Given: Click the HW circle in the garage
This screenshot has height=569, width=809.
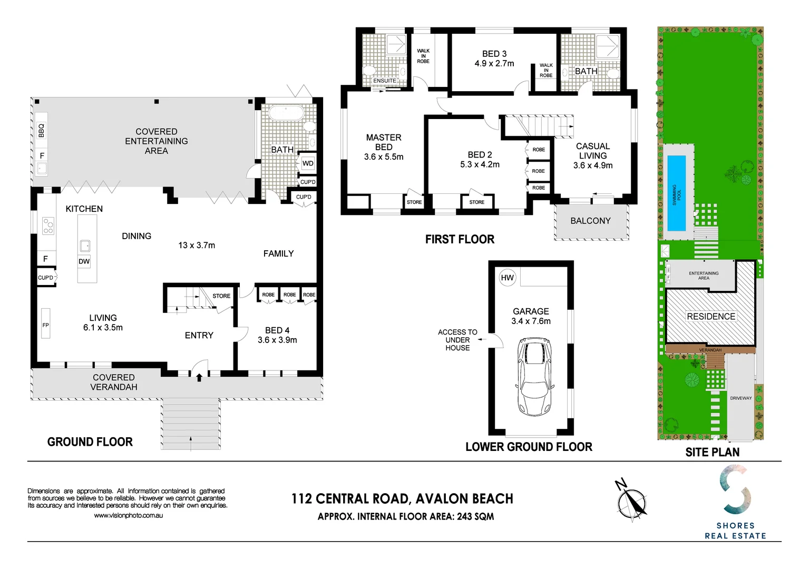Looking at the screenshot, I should coord(507,278).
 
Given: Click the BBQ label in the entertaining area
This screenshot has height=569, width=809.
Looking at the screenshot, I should coord(42,130).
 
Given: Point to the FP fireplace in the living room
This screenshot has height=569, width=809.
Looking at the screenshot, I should coord(46,325).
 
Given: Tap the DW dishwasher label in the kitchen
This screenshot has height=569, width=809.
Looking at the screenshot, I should coord(84,261).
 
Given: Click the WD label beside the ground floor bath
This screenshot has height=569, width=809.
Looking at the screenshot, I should coord(308,163).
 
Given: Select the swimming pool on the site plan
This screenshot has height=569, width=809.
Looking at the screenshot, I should coord(676,193).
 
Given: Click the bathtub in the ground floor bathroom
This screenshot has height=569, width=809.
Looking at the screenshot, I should coord(286,114).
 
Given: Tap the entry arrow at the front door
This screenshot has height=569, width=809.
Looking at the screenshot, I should coord(199,377).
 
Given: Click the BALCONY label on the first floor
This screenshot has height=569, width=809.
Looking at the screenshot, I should coord(590,221).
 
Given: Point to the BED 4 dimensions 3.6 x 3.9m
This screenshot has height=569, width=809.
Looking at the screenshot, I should coord(277,340).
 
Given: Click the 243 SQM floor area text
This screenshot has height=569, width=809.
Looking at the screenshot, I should coord(475,517).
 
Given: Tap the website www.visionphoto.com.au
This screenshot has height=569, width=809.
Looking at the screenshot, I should coord(129,516).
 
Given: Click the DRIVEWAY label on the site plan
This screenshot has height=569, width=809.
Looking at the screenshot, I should coord(740,398).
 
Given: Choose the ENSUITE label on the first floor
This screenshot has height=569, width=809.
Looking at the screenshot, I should coord(385,81).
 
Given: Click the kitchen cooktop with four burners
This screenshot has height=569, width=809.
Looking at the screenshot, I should coord(48,226).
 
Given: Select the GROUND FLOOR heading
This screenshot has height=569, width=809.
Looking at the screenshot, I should coord(90,442).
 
